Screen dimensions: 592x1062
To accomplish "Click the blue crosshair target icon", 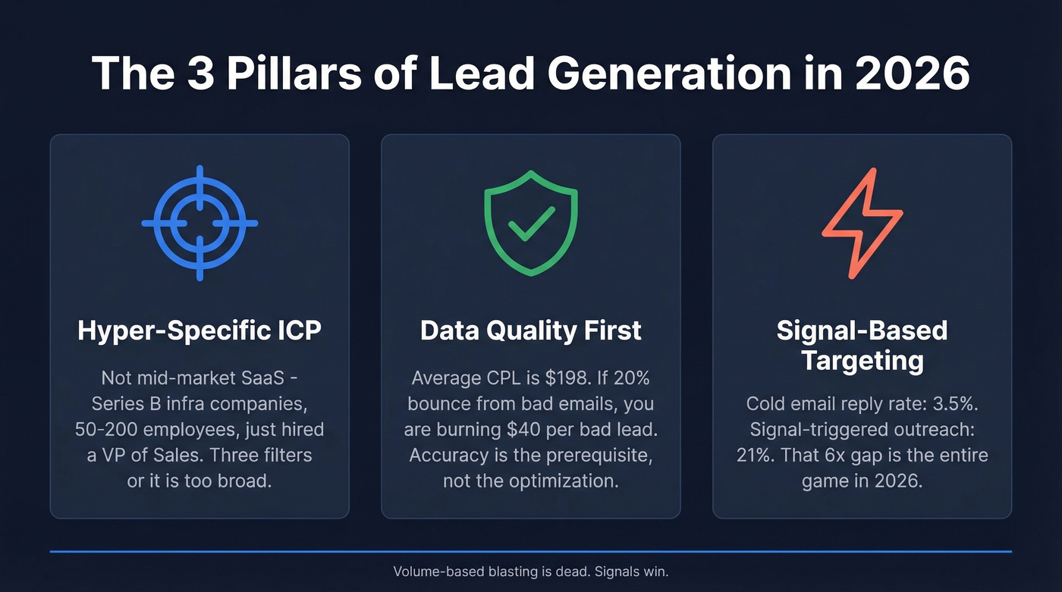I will click(x=200, y=223).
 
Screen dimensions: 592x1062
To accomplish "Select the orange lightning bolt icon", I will click(x=862, y=222).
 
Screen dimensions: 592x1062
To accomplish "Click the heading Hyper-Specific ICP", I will click(x=200, y=330).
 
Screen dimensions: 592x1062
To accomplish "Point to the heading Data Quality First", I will click(x=530, y=330).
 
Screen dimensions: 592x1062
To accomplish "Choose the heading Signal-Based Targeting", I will click(x=862, y=345).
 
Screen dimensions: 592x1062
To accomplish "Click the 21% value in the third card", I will click(x=753, y=456).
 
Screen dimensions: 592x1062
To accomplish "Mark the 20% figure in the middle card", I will click(x=629, y=378).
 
